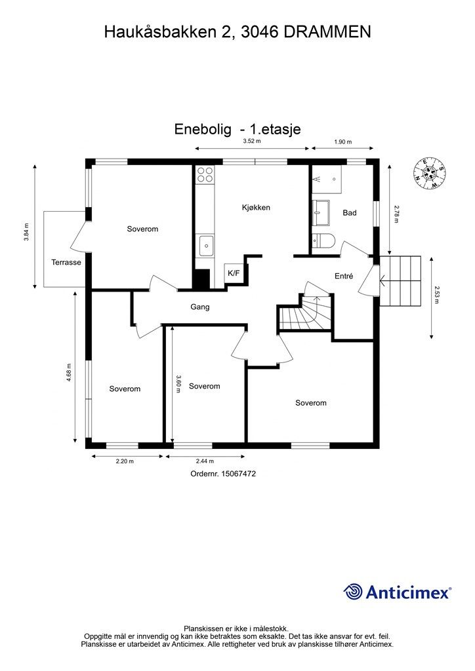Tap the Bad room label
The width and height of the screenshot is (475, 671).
pos(349,213)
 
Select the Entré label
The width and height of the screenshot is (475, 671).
pos(344,276)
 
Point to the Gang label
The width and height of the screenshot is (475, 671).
pos(200,307)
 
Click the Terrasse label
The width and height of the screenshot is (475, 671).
pos(66,262)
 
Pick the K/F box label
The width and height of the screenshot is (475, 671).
pos(233,273)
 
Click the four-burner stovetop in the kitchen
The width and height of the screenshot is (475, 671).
pos(205,174)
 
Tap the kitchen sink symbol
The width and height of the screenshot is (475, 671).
pos(205,246)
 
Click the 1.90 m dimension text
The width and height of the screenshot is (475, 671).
pos(342,142)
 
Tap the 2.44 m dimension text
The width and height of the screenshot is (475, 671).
pos(205,461)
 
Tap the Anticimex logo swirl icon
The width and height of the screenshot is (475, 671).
pos(354,592)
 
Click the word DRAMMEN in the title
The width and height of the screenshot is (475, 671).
pos(327,31)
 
